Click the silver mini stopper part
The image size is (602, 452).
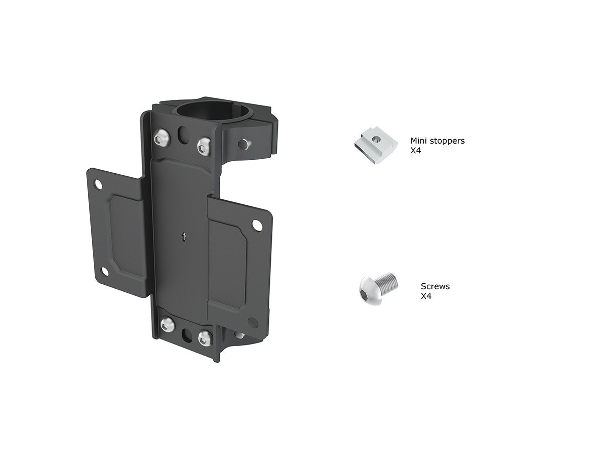coord(375,145)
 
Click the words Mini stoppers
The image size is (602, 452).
coord(437,141)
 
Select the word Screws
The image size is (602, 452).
coord(435,286)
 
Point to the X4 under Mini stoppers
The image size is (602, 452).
coord(415,151)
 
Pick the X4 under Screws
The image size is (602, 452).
coord(426,296)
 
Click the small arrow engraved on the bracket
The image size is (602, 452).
coord(184,237)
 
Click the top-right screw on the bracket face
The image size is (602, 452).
coord(204,147)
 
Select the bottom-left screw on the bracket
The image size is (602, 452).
coord(167,325)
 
